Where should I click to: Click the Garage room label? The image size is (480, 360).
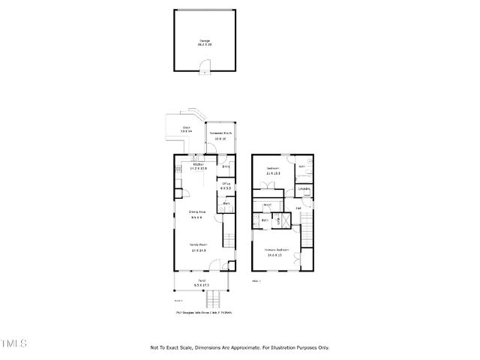(x=204, y=43)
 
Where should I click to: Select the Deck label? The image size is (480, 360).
(x=186, y=130)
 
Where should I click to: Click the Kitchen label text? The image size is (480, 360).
(x=199, y=166)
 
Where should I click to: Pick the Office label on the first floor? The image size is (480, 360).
(x=225, y=184)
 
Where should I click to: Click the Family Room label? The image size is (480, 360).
(x=199, y=247)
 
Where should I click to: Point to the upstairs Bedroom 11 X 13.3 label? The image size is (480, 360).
(x=274, y=170)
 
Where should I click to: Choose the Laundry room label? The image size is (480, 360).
(x=303, y=189)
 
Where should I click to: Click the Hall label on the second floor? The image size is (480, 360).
(x=298, y=208)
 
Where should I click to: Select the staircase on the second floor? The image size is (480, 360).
(x=306, y=224)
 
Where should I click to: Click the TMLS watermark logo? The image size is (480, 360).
(x=13, y=344)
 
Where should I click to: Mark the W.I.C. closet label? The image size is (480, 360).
(x=266, y=205)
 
